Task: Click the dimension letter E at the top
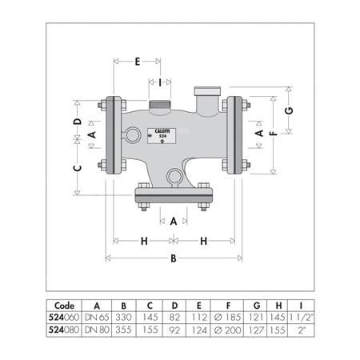(138, 62)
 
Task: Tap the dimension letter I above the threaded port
(160, 82)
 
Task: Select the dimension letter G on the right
(289, 110)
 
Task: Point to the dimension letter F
(274, 134)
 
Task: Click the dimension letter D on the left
(78, 122)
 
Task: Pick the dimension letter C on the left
(78, 168)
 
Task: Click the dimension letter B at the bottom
(174, 258)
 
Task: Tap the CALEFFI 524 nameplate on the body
(162, 136)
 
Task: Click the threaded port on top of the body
(160, 104)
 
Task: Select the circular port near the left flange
(133, 134)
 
